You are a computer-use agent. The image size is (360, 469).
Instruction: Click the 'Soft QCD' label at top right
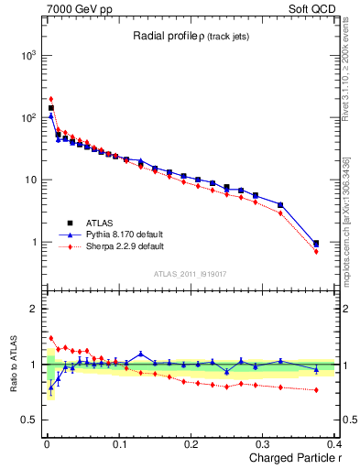point(311,8)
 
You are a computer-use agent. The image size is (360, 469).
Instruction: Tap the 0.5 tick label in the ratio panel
point(29,420)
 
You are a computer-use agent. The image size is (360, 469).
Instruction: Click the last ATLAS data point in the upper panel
point(316,244)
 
